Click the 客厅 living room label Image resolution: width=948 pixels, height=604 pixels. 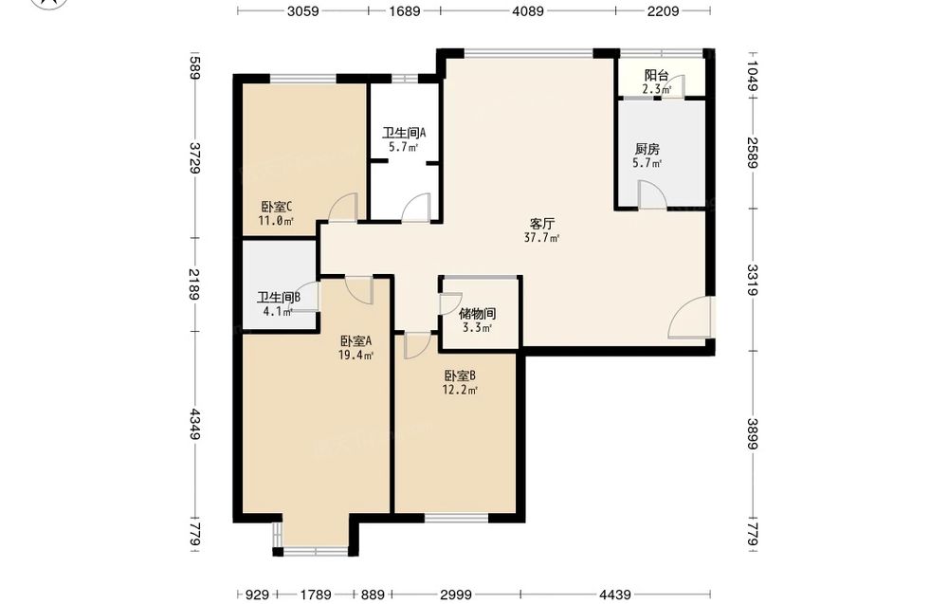541,224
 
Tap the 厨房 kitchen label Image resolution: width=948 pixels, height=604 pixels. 647,149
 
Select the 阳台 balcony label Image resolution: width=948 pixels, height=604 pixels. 657,76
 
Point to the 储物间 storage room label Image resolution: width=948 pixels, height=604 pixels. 478,314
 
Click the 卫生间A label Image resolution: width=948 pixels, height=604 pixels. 404,133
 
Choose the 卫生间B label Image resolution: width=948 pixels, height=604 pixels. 279,298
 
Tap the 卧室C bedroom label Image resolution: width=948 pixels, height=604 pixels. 277,207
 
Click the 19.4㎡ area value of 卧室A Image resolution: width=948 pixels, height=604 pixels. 355,356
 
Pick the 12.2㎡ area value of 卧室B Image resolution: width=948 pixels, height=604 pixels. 460,390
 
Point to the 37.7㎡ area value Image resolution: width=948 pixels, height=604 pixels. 541,238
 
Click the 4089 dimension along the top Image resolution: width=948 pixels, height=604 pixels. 528,10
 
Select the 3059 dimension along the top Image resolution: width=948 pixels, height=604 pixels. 303,10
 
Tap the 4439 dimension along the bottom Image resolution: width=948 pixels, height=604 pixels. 615,595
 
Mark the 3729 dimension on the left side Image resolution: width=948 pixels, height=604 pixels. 195,157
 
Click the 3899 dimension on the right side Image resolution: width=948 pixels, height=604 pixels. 752,434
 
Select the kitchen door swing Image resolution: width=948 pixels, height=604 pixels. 653,195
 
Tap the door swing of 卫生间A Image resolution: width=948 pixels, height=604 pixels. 416,208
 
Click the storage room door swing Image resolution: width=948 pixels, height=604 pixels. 450,303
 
